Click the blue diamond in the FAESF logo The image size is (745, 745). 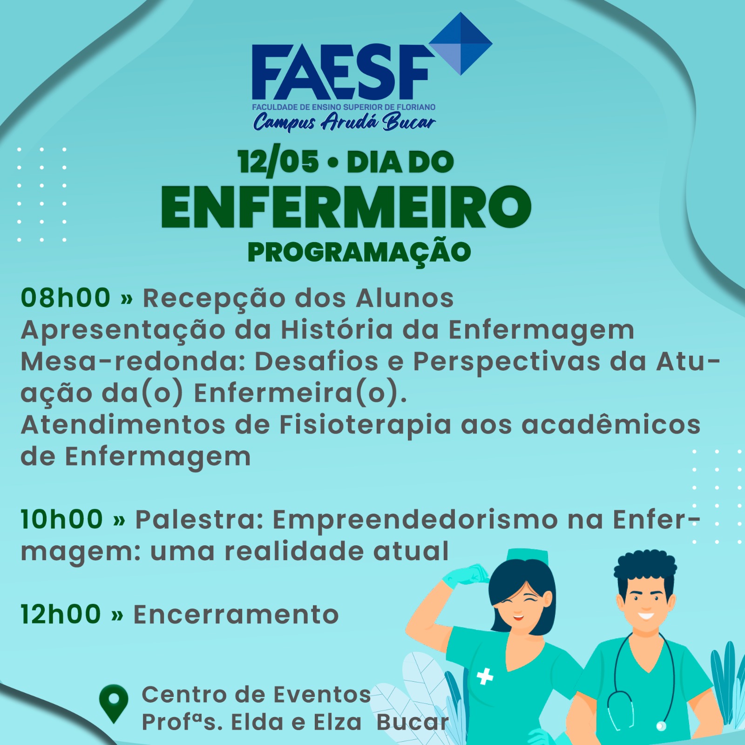coord(461,43)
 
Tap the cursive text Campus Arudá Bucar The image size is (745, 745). coord(345,122)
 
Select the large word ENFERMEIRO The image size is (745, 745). coord(346,207)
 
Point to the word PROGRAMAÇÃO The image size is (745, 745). coord(359,252)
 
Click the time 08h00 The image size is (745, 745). coord(66,298)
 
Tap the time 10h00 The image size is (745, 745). coord(62,519)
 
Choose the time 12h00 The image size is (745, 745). coord(61,614)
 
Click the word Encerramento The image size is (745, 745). coord(236,615)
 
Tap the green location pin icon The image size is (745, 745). coord(114,703)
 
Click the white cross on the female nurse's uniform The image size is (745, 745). coord(485,677)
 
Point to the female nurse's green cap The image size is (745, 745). coord(528,555)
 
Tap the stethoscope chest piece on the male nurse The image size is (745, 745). coord(660,726)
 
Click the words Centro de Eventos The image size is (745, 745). coord(256,694)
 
